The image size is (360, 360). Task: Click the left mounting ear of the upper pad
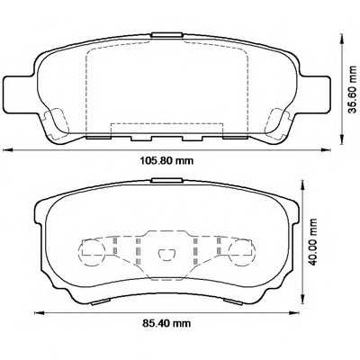[18, 91]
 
